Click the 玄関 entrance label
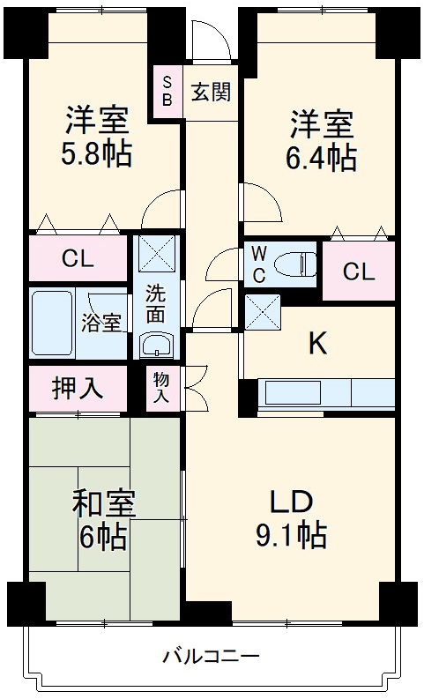click(211, 90)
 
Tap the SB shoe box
click(167, 90)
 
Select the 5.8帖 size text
click(96, 155)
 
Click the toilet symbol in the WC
click(294, 264)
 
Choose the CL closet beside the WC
click(358, 271)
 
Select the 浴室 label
click(102, 323)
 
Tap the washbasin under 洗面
click(158, 343)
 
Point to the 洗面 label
click(155, 302)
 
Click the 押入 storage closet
click(78, 388)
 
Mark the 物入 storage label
click(161, 388)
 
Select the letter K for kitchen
click(317, 344)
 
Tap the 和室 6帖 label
click(102, 520)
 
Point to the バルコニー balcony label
click(212, 656)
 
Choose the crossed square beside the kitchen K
click(262, 310)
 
